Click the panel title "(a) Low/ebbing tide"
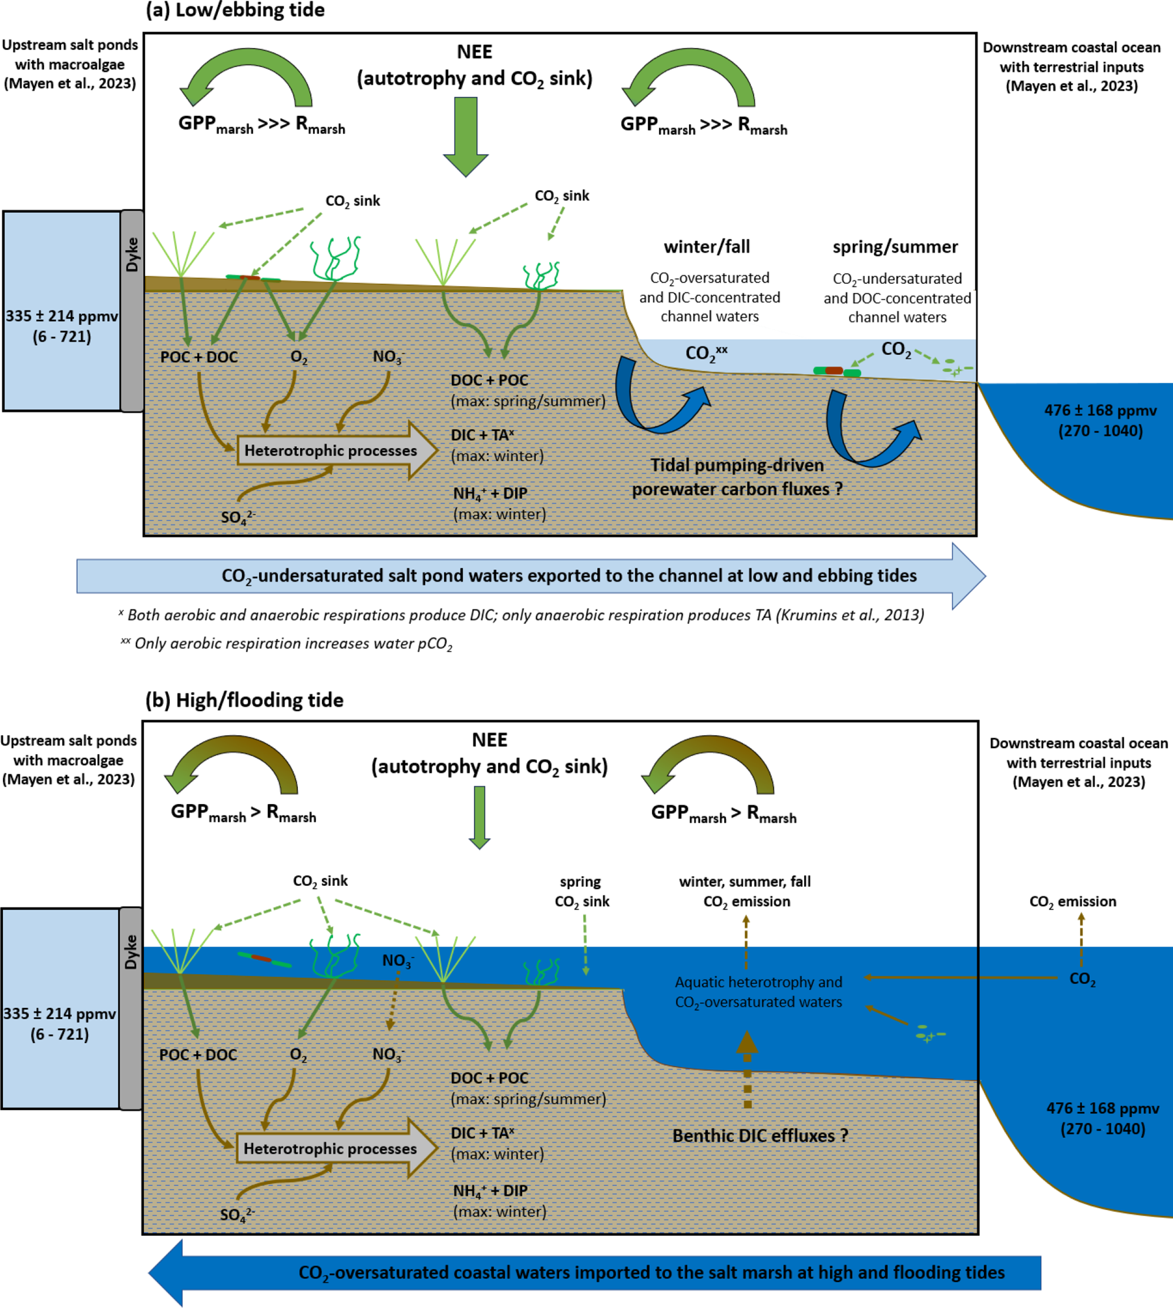point(236,10)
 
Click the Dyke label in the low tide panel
point(132,255)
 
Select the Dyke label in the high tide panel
point(131,952)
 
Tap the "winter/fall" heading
point(707,247)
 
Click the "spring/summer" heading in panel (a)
point(895,247)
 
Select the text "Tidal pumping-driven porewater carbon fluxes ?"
point(737,477)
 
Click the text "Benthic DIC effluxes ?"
point(760,1135)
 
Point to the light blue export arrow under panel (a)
point(528,575)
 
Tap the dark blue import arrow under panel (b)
point(593,1273)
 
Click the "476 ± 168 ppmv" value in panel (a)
point(1100,410)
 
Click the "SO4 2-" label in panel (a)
point(238,518)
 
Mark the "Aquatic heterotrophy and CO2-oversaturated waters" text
point(758,991)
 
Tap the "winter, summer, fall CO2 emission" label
point(745,891)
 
